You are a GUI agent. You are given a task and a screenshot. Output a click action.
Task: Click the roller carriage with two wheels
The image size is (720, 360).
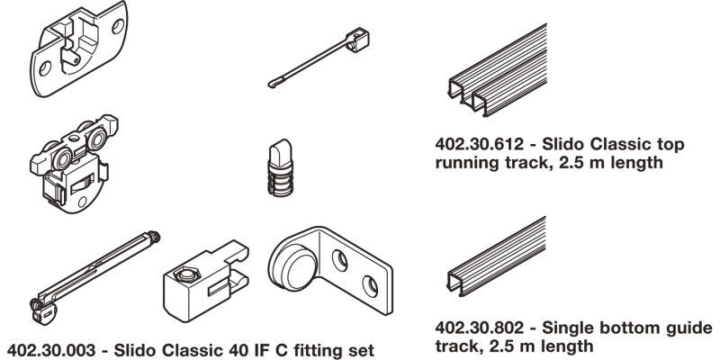point(72,162)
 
